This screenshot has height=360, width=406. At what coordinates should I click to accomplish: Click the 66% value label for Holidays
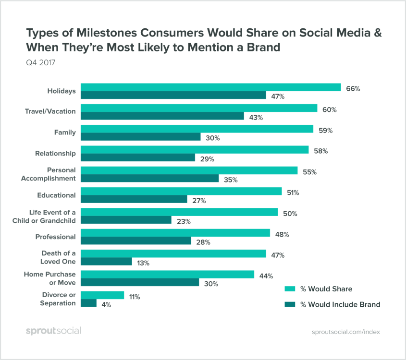(353, 89)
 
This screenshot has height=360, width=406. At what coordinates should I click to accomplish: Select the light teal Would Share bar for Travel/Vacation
(198, 108)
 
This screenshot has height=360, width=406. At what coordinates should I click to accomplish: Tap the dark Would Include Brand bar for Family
(140, 137)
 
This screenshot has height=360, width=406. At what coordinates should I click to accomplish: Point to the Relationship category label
(55, 154)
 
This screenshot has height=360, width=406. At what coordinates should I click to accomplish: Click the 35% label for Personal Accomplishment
(230, 180)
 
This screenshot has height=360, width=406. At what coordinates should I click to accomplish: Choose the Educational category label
(56, 195)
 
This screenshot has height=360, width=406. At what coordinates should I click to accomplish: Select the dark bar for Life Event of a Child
(125, 220)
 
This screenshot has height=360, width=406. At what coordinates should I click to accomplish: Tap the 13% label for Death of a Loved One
(143, 263)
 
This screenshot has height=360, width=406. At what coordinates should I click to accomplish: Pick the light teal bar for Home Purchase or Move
(167, 275)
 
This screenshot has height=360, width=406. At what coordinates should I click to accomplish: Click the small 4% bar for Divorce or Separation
(88, 303)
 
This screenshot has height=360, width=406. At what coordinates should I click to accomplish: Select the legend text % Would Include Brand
(340, 304)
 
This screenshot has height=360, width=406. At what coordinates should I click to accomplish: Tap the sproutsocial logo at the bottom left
(53, 331)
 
